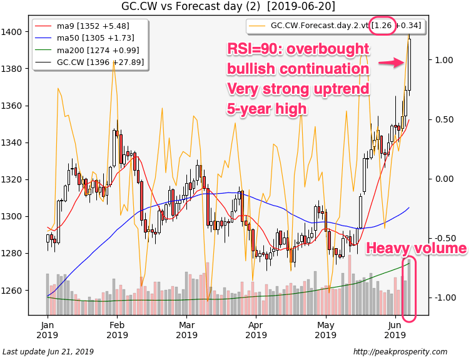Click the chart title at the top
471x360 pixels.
pos(228,6)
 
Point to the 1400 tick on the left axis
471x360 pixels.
pos(13,32)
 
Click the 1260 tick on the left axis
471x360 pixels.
pos(13,291)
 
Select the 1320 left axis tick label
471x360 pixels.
pos(13,180)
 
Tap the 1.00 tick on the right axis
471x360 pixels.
pos(443,60)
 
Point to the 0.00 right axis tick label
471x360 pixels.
pos(443,179)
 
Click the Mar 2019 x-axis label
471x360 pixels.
pos(186,329)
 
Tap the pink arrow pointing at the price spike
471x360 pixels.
pos(392,62)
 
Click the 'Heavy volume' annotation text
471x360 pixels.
pos(416,249)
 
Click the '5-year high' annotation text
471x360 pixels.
pos(266,109)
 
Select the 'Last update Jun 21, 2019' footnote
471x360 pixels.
pos(48,352)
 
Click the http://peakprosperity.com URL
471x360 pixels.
pos(400,352)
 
